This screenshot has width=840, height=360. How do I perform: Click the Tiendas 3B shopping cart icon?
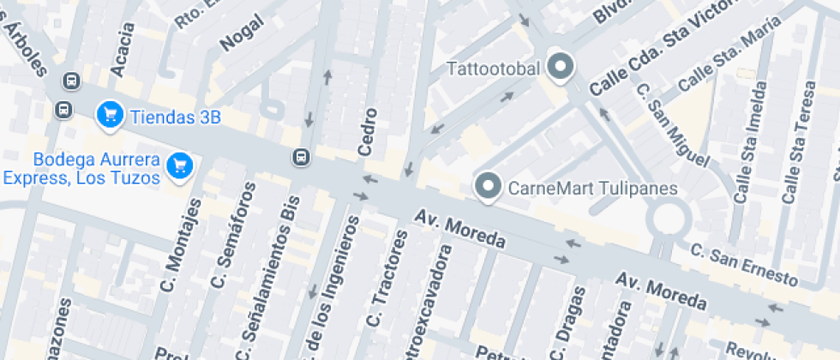click(x=109, y=115)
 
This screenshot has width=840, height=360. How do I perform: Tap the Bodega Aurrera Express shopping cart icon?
click(x=179, y=165)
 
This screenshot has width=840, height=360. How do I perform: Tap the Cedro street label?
click(x=368, y=132)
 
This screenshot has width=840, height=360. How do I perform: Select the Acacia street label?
click(x=123, y=49)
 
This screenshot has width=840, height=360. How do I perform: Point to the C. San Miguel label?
click(x=673, y=125)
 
